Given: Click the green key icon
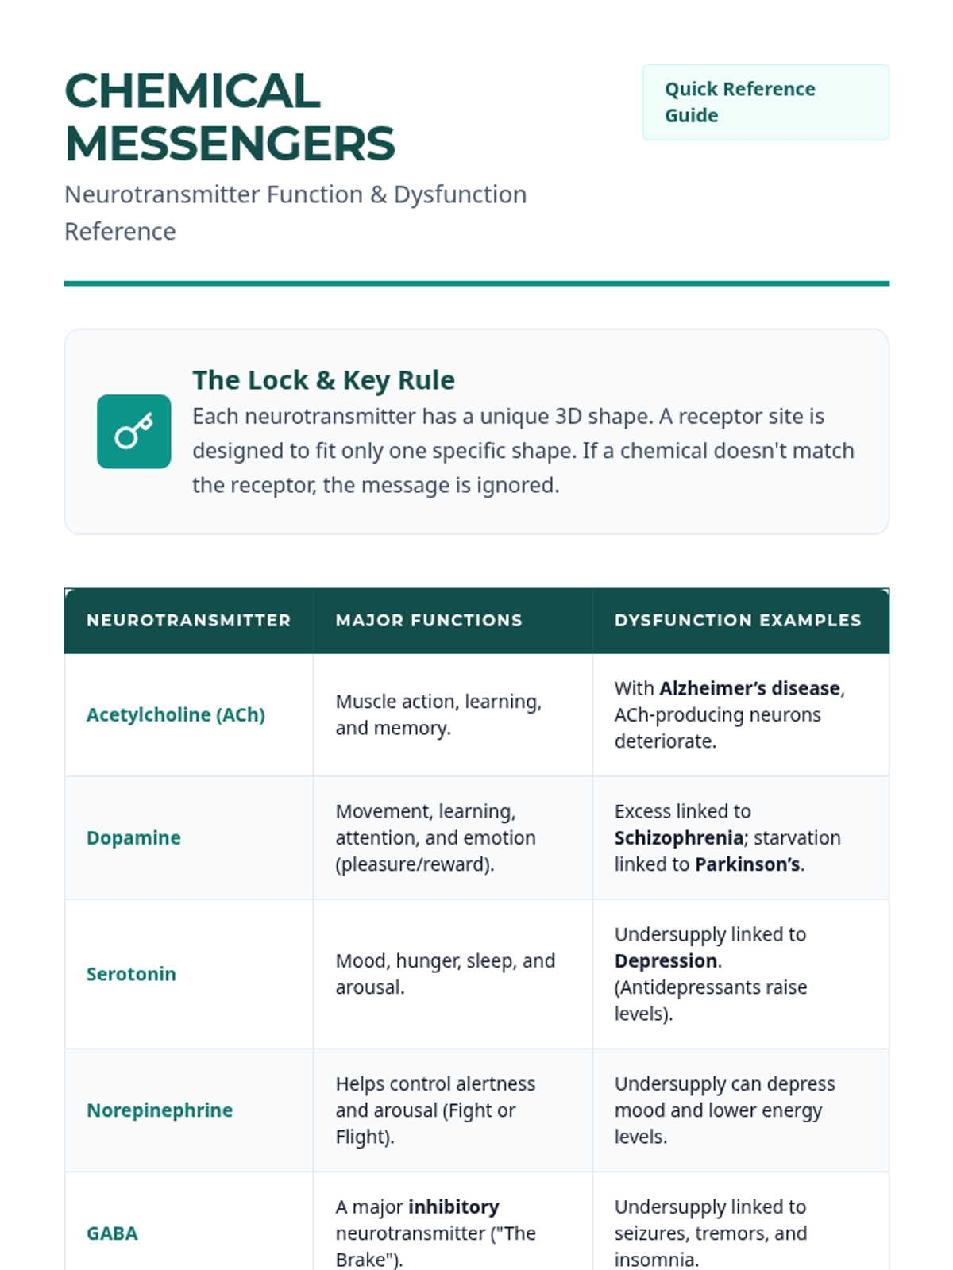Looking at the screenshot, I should coord(133,431).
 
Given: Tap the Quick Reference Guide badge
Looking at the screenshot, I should coord(765,102).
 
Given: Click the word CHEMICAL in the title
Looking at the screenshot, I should coord(192,91).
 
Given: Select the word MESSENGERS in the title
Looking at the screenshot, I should coord(230,144).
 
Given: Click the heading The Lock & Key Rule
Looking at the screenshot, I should coord(323,380).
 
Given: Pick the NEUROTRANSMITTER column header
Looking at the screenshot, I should coord(188,621).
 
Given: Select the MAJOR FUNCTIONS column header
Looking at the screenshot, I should coord(429,621).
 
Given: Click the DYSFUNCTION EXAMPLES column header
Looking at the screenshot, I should coord(738,621).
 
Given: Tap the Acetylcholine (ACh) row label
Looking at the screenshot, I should coord(176,714).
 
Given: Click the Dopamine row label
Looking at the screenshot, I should coord(133,837).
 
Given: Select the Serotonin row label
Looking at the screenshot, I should coord(131,974).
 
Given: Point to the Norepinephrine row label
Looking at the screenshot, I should coord(160,1110).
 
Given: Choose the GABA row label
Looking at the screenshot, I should coord(112,1233).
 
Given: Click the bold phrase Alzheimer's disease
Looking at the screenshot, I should coord(750,688).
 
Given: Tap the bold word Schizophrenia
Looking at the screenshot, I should coord(678,837).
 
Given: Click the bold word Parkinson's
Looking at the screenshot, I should coord(747,864).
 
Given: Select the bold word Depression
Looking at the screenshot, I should coord(666,960).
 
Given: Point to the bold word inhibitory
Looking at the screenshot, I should coord(453,1206).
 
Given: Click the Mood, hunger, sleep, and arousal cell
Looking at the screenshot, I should coord(445,974).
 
